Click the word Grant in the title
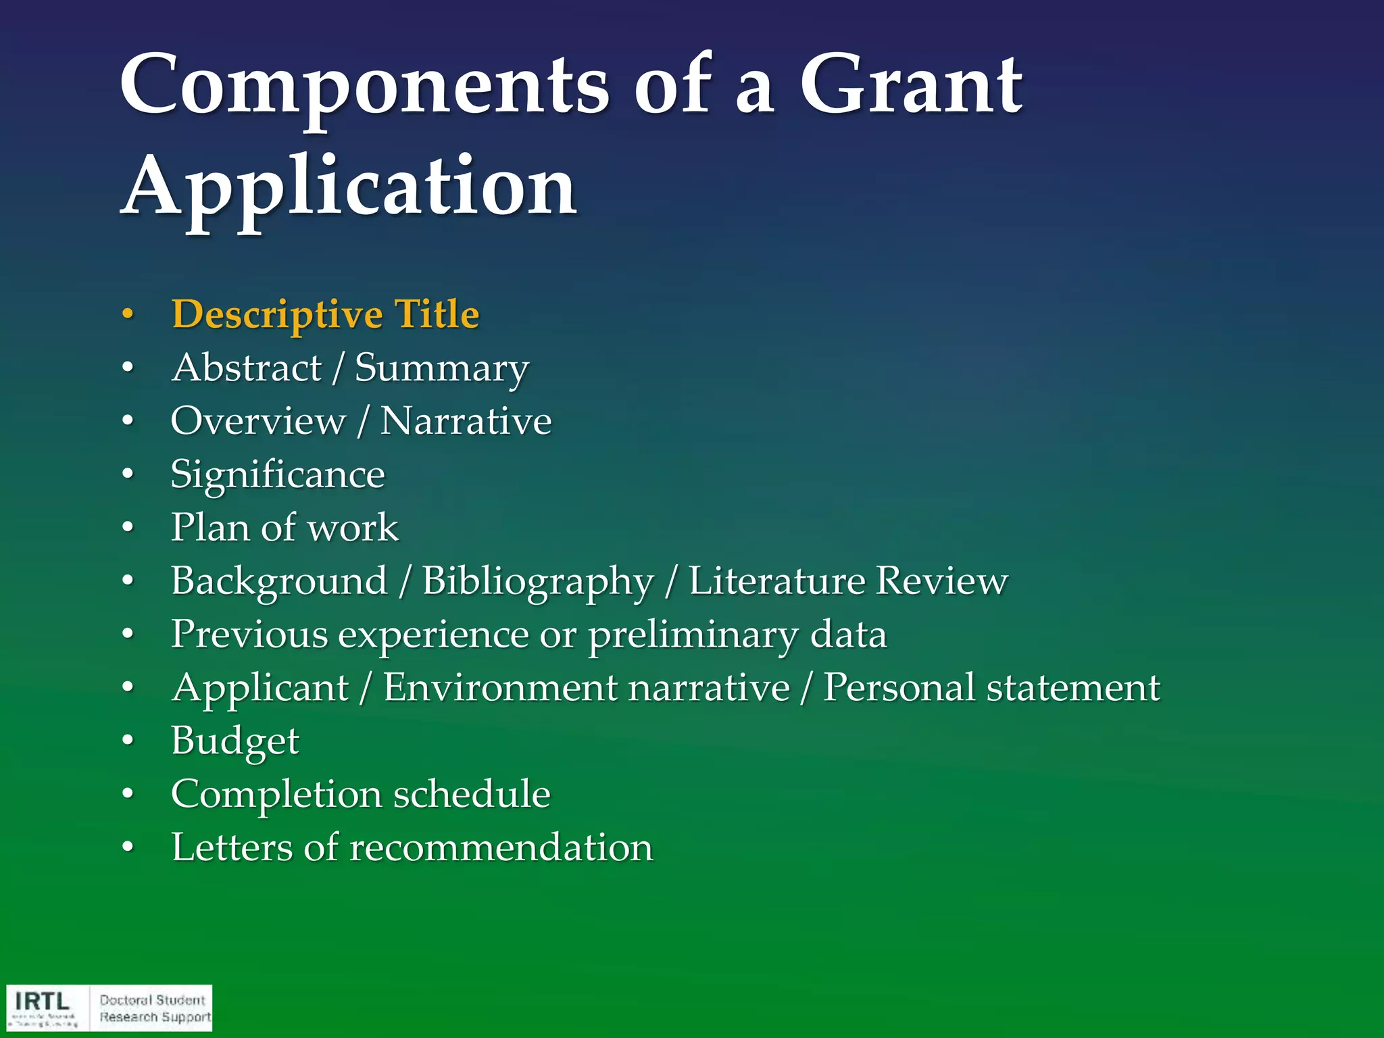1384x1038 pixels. (x=910, y=86)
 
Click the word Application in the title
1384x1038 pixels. (x=349, y=187)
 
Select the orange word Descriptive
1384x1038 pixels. (x=278, y=315)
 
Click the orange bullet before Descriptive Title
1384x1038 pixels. (x=128, y=315)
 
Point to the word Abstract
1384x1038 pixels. (x=247, y=368)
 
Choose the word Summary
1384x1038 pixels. (x=442, y=369)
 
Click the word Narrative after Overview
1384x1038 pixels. (x=466, y=421)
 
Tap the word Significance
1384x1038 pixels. (x=278, y=474)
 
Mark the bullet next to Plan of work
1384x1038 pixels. (x=128, y=528)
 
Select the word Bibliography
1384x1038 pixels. (x=538, y=581)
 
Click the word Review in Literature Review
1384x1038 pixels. (x=941, y=580)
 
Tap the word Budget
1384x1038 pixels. (x=234, y=741)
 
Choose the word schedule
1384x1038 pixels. (x=472, y=793)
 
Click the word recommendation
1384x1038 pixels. (x=501, y=847)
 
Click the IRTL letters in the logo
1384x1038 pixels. (x=43, y=1001)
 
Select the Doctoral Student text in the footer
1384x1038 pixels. (x=152, y=1000)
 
